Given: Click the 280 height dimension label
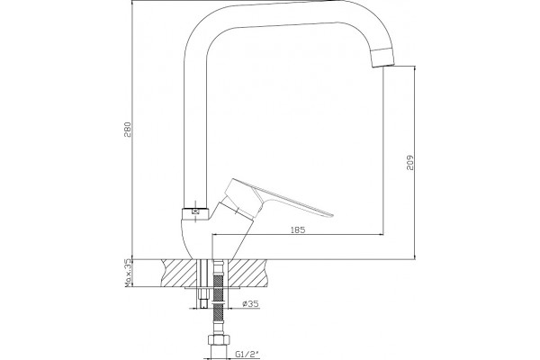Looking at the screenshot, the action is (128, 130).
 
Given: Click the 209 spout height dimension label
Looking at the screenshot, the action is (410, 162).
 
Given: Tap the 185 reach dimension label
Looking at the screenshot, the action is (298, 229).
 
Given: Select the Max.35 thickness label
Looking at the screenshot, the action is (128, 273).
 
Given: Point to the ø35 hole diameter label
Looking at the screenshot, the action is (250, 304).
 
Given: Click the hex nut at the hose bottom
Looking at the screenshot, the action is (218, 339).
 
